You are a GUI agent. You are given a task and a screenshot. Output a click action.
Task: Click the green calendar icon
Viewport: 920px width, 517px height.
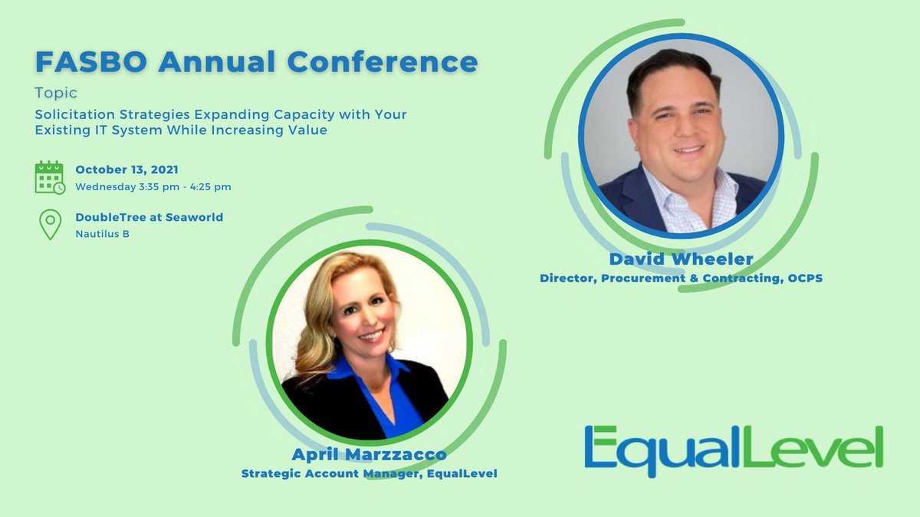(50, 177)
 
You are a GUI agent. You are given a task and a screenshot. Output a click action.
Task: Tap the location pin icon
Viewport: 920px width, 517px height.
(50, 225)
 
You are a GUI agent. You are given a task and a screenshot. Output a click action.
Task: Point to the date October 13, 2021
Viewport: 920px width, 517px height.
(128, 170)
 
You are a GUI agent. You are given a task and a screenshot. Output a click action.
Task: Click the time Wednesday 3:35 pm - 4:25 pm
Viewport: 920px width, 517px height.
(153, 186)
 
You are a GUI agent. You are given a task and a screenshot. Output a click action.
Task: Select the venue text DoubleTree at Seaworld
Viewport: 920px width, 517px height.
(149, 217)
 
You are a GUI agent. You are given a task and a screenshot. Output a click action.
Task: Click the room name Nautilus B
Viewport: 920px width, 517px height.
(102, 233)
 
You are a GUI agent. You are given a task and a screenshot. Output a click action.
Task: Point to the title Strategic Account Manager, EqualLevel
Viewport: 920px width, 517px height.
(369, 473)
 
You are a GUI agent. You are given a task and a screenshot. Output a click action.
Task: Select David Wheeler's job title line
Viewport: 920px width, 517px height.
(681, 278)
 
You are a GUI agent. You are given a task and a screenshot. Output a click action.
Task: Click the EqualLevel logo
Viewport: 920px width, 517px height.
(733, 450)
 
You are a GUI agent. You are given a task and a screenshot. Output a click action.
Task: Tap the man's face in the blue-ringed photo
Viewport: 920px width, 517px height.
(678, 130)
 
